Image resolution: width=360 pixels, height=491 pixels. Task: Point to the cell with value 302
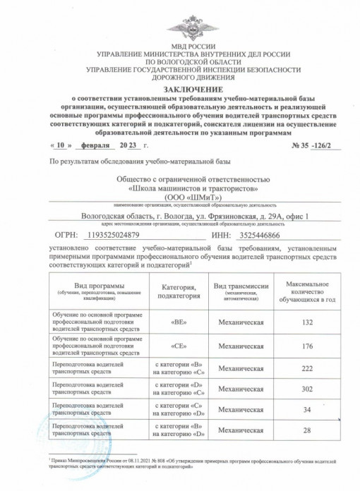[x=306, y=388]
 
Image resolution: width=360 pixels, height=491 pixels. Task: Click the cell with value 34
[x=306, y=409]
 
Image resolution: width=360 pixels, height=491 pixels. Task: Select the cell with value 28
[x=306, y=430]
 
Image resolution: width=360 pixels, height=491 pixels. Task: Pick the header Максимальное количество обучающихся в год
[x=306, y=290]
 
